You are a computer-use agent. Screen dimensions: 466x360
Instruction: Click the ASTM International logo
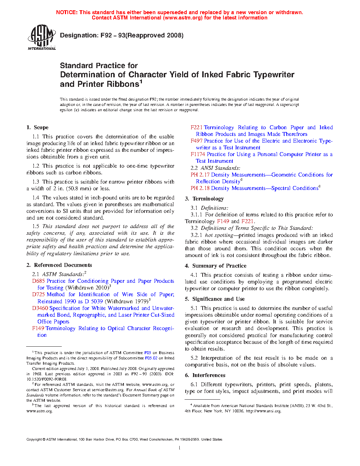42,37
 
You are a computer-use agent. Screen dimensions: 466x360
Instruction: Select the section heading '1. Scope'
37,127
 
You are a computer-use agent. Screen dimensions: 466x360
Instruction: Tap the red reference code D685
38,281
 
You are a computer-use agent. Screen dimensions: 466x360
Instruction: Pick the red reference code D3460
40,308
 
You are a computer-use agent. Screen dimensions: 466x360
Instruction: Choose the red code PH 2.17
200,175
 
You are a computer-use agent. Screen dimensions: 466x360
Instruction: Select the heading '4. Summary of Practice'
216,266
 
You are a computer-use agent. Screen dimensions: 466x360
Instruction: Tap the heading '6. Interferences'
205,375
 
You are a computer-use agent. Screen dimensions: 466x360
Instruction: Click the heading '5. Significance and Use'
215,299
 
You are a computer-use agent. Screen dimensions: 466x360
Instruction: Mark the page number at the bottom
180,448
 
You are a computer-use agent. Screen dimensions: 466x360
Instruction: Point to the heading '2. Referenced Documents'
59,265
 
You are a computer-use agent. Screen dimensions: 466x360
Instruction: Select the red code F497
197,141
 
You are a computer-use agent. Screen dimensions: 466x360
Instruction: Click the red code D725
38,294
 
